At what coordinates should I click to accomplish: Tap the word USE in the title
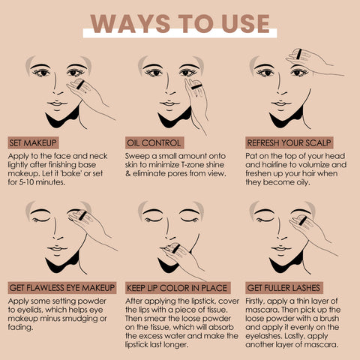tap(246, 24)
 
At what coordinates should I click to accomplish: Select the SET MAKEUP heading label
tap(33, 143)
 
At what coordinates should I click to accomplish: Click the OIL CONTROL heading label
tap(154, 143)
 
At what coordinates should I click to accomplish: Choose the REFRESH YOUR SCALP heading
tap(289, 143)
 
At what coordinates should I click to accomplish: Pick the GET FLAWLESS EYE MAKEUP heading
tap(62, 288)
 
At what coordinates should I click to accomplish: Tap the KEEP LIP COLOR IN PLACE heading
tap(178, 288)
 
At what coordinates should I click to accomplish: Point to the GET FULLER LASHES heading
tap(284, 288)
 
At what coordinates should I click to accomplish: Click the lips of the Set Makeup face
tap(57, 103)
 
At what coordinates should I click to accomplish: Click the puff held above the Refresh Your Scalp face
tap(298, 55)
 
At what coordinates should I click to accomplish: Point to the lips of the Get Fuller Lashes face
tap(281, 249)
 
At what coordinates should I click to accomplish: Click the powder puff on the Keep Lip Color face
tap(174, 248)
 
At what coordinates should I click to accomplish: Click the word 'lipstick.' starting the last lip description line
tap(136, 345)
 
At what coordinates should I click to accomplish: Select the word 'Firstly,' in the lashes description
tap(255, 301)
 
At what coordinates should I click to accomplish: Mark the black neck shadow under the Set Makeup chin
tap(63, 118)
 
